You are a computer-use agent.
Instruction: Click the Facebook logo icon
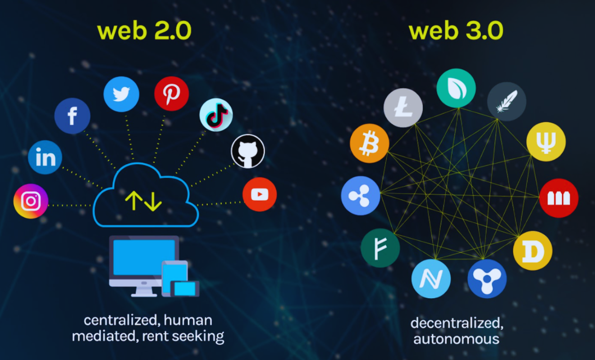click(x=72, y=116)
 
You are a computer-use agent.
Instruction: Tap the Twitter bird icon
click(x=121, y=94)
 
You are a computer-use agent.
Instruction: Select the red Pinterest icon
click(x=171, y=94)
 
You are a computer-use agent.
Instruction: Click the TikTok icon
click(x=216, y=115)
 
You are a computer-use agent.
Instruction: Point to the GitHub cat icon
click(x=248, y=151)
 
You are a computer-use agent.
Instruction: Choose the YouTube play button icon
click(x=260, y=194)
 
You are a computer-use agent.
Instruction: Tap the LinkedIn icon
click(x=45, y=157)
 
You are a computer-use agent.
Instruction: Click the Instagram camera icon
click(x=31, y=201)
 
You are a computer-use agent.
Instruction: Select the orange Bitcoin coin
click(x=369, y=143)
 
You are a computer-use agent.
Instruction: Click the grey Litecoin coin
click(x=403, y=108)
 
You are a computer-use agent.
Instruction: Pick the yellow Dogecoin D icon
click(x=532, y=251)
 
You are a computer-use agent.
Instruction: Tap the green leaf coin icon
click(x=456, y=88)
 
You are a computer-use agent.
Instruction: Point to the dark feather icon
click(x=507, y=101)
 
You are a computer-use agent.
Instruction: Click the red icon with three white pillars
click(x=558, y=198)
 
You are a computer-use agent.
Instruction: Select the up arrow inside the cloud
click(x=134, y=201)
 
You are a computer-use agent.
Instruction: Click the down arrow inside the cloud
click(x=153, y=201)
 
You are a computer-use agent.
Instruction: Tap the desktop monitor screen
click(x=144, y=257)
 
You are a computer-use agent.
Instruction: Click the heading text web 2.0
click(x=144, y=31)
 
